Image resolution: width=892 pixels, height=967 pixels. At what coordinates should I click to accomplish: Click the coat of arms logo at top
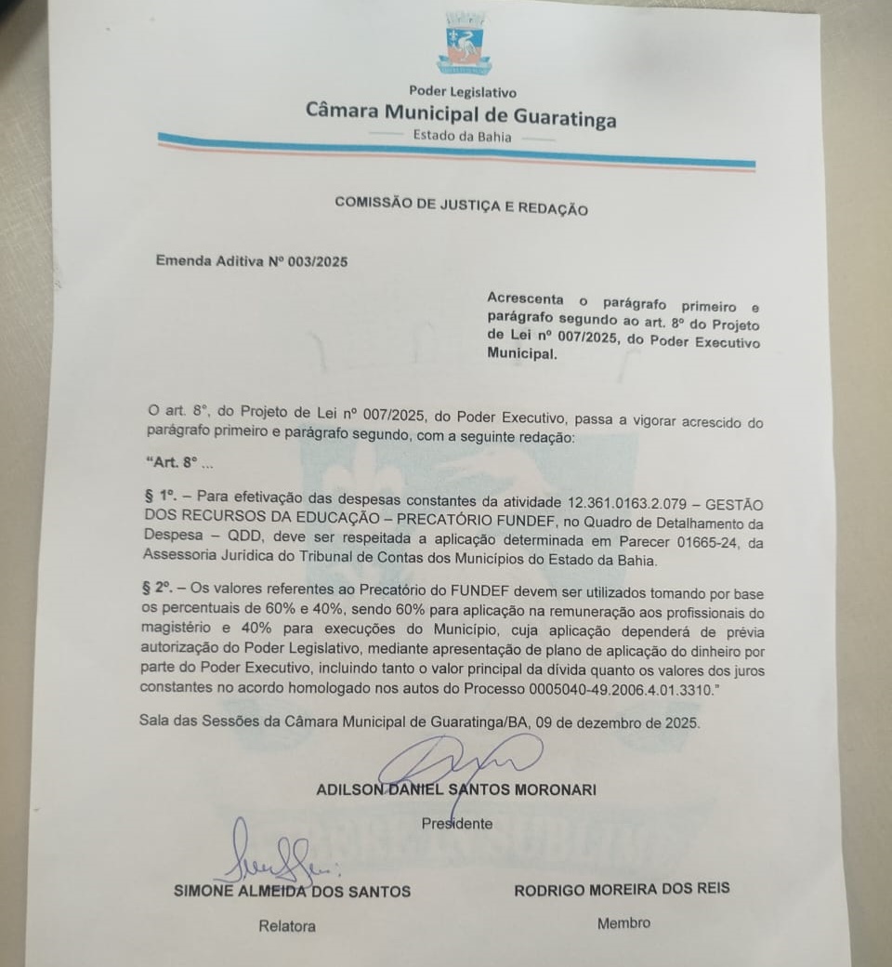(464, 44)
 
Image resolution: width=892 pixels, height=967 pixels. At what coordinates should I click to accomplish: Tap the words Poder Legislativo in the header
(463, 92)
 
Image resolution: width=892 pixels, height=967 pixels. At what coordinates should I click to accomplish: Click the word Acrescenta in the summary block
(525, 298)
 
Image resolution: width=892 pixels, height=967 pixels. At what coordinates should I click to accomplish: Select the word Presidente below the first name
(456, 824)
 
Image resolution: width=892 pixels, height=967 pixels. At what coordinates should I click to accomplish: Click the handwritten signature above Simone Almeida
(274, 855)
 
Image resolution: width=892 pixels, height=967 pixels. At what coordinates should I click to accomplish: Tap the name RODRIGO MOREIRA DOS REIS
(621, 888)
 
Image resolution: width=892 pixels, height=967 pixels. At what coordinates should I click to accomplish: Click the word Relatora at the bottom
(286, 926)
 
